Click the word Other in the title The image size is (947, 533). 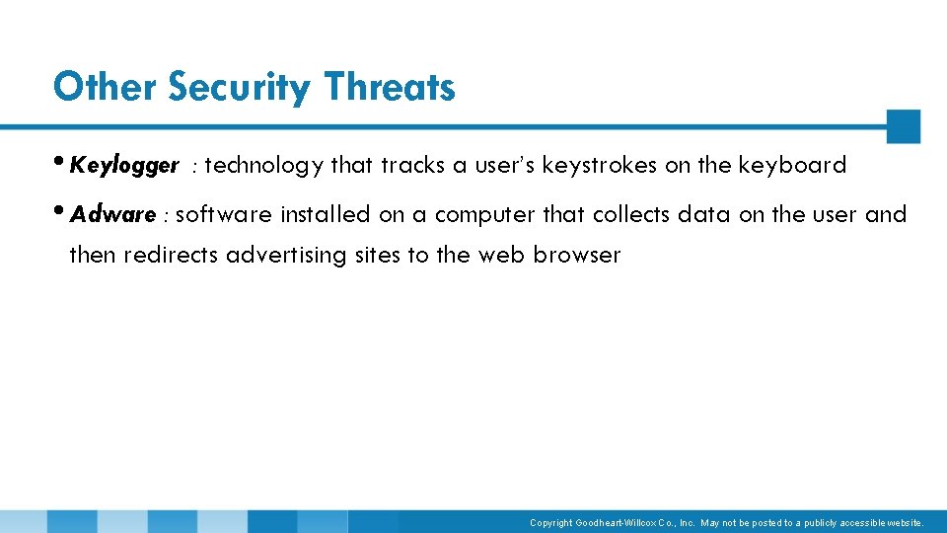tap(106, 87)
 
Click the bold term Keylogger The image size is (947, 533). tap(124, 166)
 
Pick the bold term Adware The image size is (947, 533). tap(113, 215)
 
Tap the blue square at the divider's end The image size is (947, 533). tap(903, 126)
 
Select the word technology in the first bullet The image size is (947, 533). tap(263, 166)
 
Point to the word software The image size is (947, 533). tap(223, 215)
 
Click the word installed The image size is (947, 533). tap(325, 215)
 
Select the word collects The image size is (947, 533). tap(631, 215)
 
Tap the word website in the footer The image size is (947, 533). tap(905, 523)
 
